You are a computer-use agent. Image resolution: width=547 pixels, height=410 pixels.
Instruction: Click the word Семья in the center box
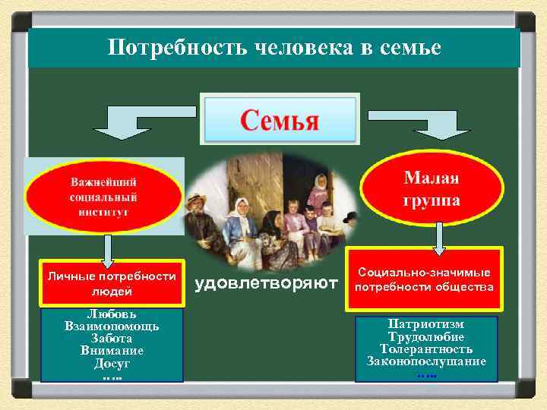(x=280, y=119)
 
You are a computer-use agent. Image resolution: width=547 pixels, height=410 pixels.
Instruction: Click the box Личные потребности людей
(x=112, y=283)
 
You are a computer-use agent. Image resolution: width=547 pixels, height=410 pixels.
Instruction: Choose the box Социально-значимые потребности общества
(x=425, y=279)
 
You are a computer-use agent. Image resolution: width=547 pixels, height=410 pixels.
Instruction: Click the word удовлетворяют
(x=266, y=285)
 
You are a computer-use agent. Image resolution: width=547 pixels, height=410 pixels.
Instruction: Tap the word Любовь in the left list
(x=112, y=314)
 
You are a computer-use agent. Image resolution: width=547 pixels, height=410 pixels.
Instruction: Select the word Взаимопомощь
(x=112, y=326)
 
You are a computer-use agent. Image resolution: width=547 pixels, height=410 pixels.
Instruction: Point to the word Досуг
(x=112, y=363)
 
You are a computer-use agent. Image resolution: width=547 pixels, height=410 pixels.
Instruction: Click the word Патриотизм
(x=425, y=324)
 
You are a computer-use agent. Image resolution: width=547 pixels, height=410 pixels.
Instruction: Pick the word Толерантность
(x=425, y=348)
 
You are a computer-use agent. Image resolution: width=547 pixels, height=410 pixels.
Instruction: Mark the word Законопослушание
(x=425, y=361)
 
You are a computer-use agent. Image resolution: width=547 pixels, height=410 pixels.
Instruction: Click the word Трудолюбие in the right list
(x=425, y=336)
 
